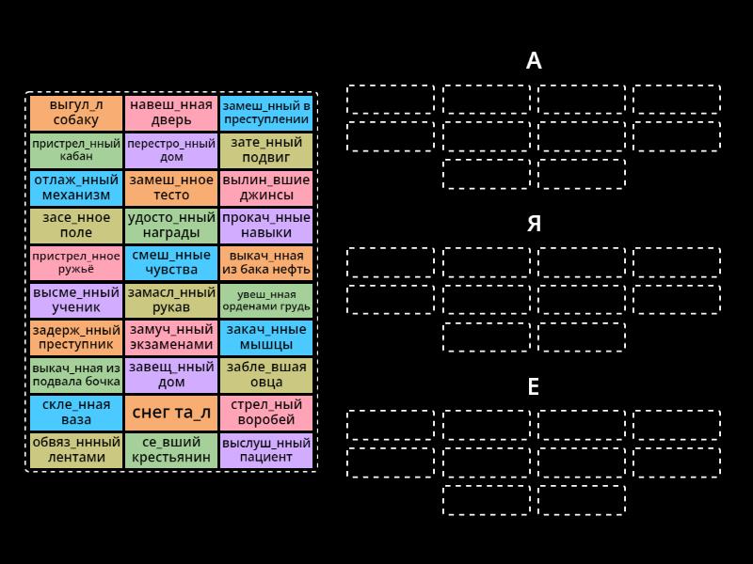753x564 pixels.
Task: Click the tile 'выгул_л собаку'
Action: click(x=76, y=113)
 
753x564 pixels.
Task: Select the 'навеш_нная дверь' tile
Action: click(x=171, y=113)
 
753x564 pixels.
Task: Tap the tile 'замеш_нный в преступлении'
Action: click(x=266, y=113)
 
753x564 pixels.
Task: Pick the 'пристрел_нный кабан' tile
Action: click(x=76, y=150)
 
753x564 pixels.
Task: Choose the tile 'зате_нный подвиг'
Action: click(x=266, y=150)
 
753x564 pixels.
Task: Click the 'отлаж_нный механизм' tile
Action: click(x=76, y=187)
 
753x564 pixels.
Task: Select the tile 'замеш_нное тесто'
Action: click(x=171, y=187)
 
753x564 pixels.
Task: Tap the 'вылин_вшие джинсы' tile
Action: click(x=266, y=187)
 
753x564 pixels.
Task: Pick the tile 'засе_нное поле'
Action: click(x=76, y=225)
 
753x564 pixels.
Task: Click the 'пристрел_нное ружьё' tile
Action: click(x=76, y=263)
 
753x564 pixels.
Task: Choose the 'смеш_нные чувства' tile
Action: click(x=171, y=263)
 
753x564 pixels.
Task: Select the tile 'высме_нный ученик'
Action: click(x=76, y=300)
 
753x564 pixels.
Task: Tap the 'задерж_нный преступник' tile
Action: click(x=76, y=337)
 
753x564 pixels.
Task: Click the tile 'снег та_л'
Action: click(x=171, y=413)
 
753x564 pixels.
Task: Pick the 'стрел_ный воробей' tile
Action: click(x=266, y=413)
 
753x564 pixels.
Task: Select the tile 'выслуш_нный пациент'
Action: click(x=266, y=450)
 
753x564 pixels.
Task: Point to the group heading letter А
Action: click(x=534, y=61)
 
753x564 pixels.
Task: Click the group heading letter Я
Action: click(x=534, y=224)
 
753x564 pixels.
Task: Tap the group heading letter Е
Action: click(x=534, y=386)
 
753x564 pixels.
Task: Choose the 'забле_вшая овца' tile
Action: click(x=266, y=375)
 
